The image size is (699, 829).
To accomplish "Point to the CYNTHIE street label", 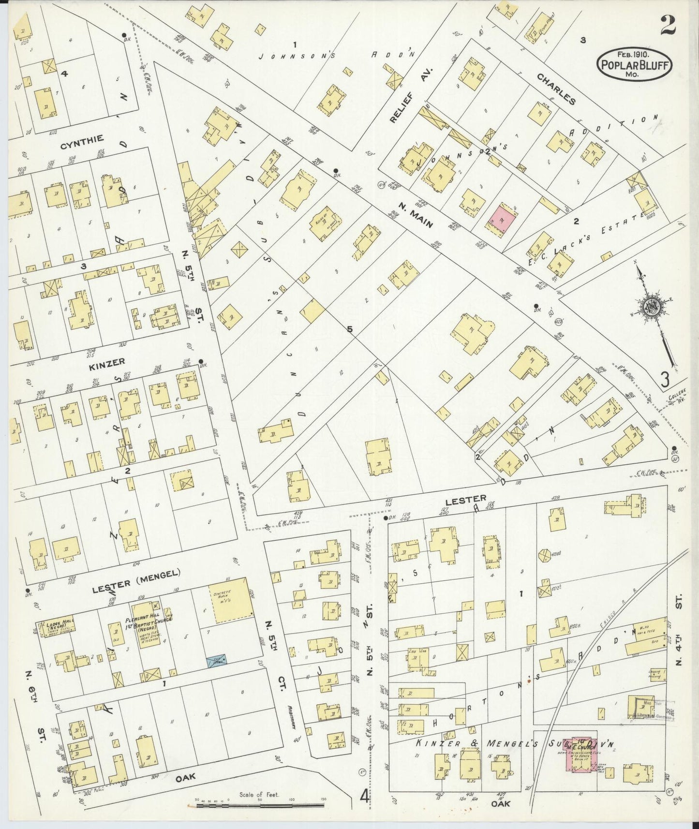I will click(x=82, y=139).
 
